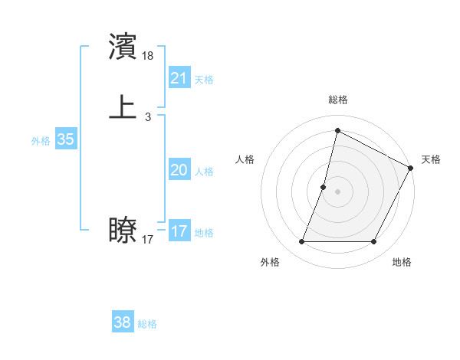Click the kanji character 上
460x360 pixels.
(x=123, y=107)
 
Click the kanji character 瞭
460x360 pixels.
(x=123, y=231)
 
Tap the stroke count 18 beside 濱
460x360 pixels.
(x=148, y=56)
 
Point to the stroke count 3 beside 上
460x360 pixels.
(x=148, y=117)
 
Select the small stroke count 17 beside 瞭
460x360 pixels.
(x=148, y=240)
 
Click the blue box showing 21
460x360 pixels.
(x=179, y=78)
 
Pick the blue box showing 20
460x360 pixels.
(x=179, y=170)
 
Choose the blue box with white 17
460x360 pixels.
(x=179, y=231)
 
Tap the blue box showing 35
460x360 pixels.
(x=65, y=139)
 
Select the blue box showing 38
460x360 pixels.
(x=123, y=322)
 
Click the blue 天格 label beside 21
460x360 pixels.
(x=204, y=80)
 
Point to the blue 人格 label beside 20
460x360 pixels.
(x=204, y=172)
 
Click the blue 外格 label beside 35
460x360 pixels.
(x=41, y=141)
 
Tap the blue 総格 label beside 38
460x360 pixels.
(x=147, y=324)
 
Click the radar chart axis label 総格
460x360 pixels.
(x=337, y=100)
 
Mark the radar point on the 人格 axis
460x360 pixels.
(x=324, y=187)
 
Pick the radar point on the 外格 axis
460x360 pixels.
(x=302, y=242)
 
